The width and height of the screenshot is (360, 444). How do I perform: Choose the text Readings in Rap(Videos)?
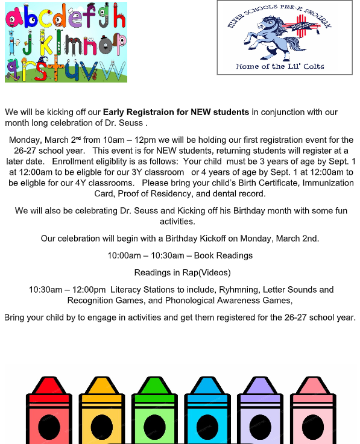tap(182, 272)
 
